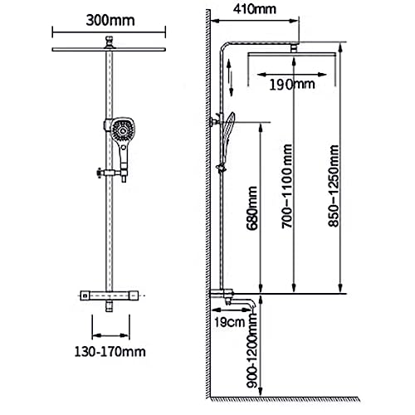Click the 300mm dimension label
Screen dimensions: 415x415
(x=110, y=21)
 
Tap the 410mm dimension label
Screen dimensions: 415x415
(x=255, y=9)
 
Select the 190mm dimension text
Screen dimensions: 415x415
(x=292, y=85)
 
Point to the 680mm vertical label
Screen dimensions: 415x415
(x=252, y=208)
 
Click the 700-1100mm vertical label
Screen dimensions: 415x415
(x=287, y=186)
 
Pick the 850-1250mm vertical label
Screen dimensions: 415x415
(x=333, y=186)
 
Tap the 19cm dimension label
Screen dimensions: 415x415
(x=230, y=322)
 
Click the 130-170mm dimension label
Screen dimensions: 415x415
(x=110, y=352)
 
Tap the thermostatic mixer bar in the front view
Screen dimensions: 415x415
(x=110, y=295)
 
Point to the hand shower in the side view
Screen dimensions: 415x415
(x=228, y=139)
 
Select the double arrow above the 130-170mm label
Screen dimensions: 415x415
(x=110, y=336)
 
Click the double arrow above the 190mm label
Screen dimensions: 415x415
(x=292, y=75)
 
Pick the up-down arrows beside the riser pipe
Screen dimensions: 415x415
(x=230, y=77)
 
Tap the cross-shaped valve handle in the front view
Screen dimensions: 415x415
(x=99, y=173)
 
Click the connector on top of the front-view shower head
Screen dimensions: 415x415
(x=110, y=42)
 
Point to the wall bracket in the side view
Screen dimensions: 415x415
(x=215, y=120)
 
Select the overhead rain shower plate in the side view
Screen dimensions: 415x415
(x=292, y=55)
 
